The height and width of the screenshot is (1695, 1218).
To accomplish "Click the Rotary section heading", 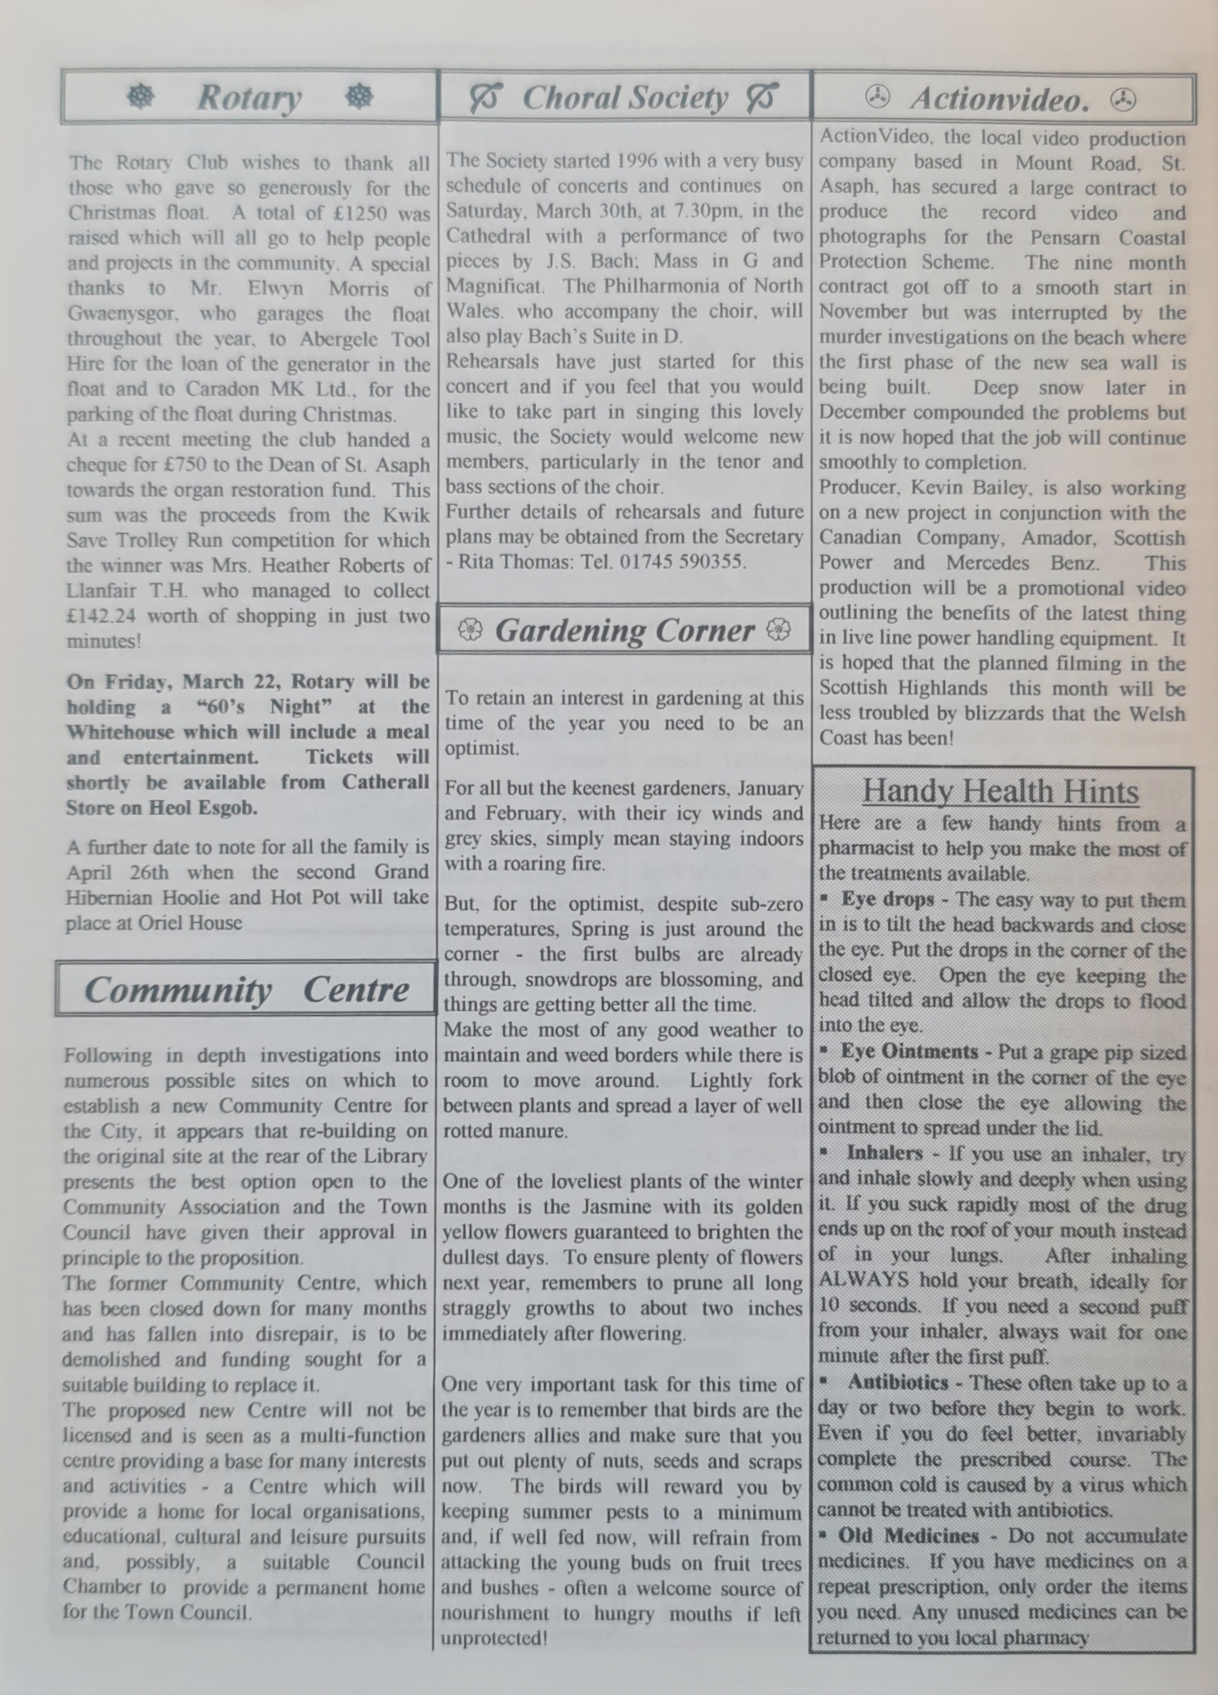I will (249, 97).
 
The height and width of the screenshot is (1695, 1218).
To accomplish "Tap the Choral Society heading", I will (625, 97).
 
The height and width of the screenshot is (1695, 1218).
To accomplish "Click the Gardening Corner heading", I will (624, 630).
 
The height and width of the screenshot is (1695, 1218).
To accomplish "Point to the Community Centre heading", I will (246, 990).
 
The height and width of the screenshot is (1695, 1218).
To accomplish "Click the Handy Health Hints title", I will (1000, 790).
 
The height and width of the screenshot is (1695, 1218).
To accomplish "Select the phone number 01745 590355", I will (682, 561).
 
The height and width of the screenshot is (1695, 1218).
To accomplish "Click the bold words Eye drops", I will (887, 900).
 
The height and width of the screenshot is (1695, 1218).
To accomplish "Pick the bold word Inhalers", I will (885, 1153).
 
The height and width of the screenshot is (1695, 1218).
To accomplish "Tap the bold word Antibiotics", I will (898, 1382).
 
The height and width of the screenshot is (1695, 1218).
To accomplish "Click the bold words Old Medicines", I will (908, 1536).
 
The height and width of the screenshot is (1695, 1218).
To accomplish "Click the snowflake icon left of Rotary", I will (141, 96).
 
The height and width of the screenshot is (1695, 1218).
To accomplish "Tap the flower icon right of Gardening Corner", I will (779, 629).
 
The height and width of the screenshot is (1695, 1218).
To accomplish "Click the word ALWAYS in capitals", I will (863, 1280).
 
